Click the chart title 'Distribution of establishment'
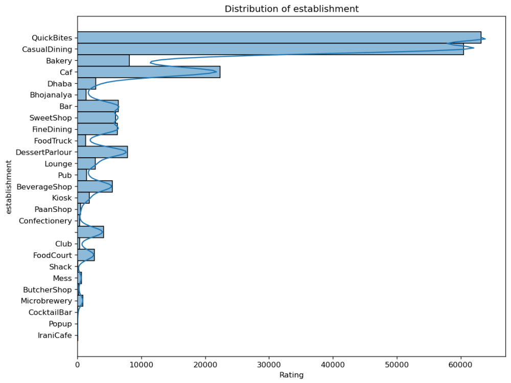pyautogui.click(x=292, y=9)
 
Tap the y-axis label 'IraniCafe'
pyautogui.click(x=55, y=336)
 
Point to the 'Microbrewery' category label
pyautogui.click(x=46, y=301)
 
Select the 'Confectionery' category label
pyautogui.click(x=45, y=221)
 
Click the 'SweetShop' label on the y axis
pyautogui.click(x=51, y=118)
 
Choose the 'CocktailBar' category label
pyautogui.click(x=50, y=313)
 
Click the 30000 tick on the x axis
pyautogui.click(x=269, y=365)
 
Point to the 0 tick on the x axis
pyautogui.click(x=78, y=365)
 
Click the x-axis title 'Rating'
pyautogui.click(x=291, y=375)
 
